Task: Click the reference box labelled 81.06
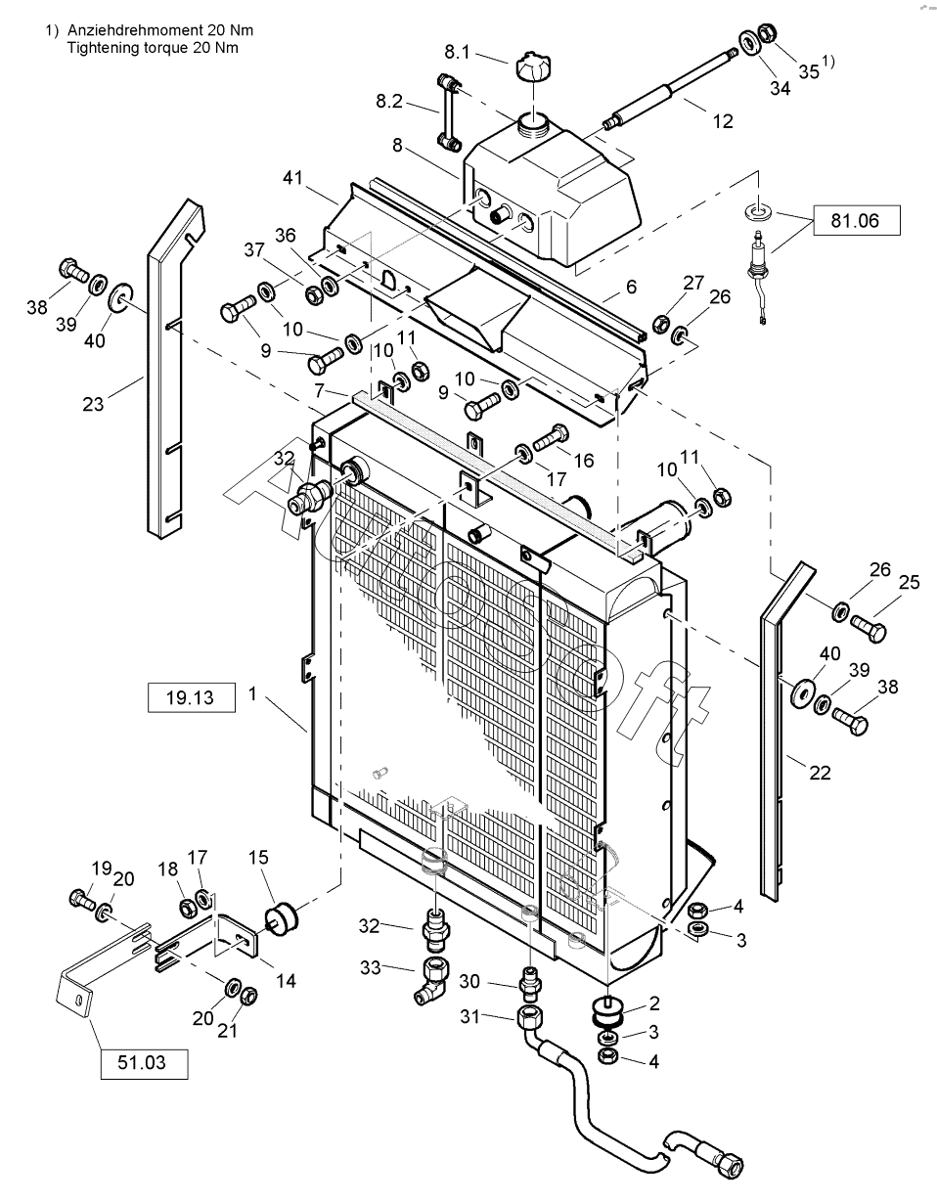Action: pos(855,221)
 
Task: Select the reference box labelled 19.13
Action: pos(192,698)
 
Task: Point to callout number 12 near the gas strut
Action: pos(723,122)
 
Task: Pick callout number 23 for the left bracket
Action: pos(93,403)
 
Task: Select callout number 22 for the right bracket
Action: pos(820,773)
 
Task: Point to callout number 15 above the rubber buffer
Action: pos(258,858)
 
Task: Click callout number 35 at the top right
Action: pos(809,70)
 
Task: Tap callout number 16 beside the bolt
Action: pos(584,460)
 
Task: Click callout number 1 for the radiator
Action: pos(252,693)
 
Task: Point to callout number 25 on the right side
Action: pos(910,583)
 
